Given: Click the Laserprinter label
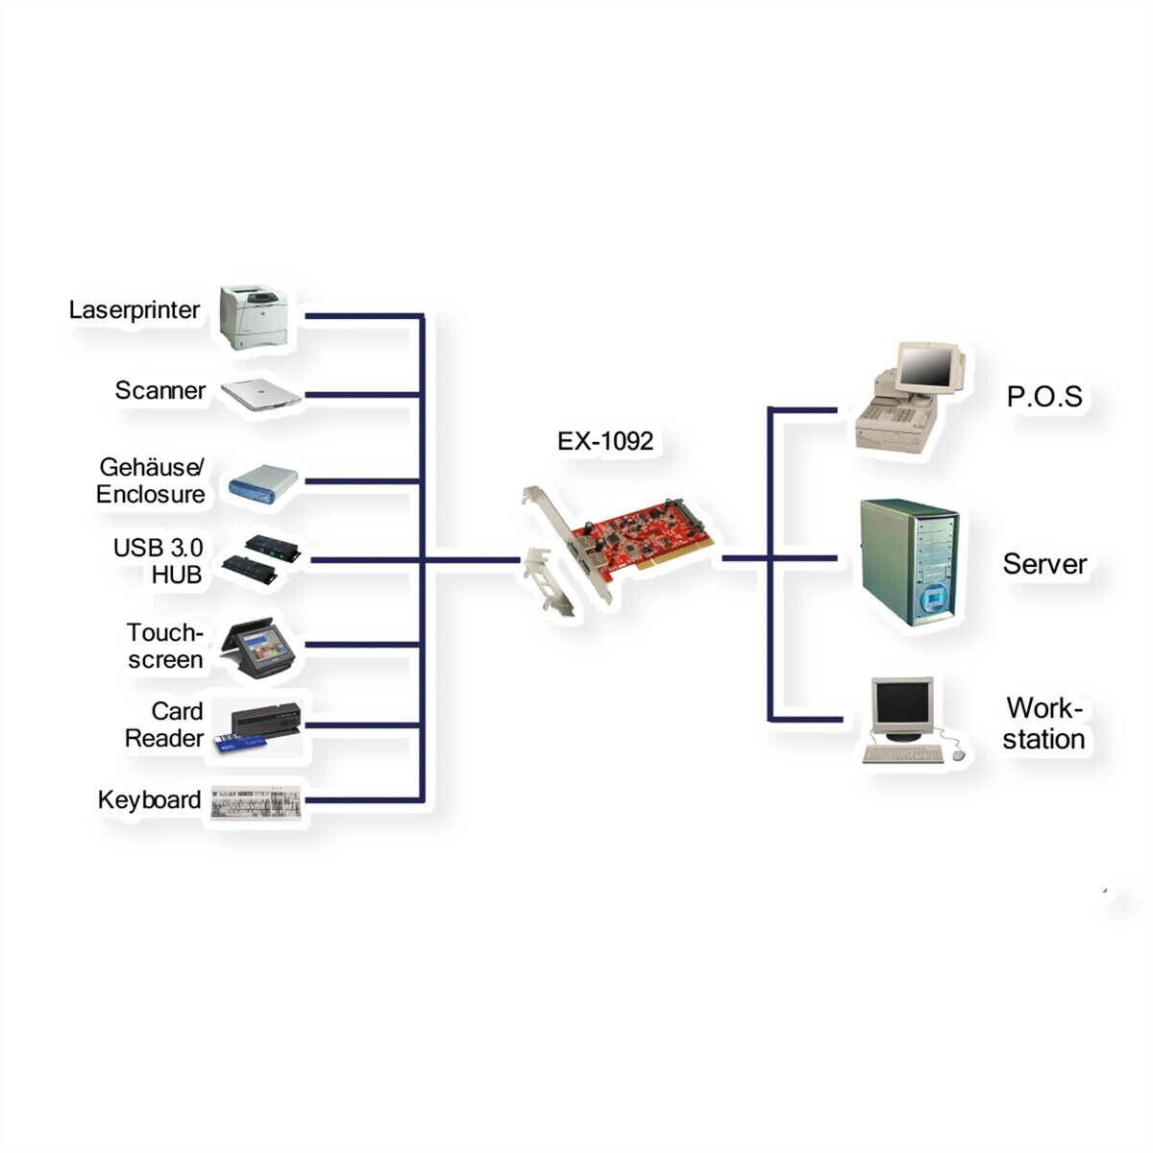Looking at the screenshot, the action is (x=134, y=310).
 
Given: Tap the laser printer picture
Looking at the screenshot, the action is (x=254, y=317).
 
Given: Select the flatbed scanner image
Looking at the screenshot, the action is (x=261, y=394).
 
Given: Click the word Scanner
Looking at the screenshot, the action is (x=159, y=391).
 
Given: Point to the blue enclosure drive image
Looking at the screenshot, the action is (x=263, y=484).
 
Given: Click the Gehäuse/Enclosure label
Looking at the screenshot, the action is (x=151, y=480).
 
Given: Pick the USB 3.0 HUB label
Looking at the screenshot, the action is (x=158, y=560).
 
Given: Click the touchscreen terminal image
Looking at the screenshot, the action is (x=258, y=649).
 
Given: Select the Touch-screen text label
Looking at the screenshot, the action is (x=165, y=646).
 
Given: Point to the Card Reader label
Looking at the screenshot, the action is (x=164, y=724).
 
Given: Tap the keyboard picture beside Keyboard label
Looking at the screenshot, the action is (x=257, y=801).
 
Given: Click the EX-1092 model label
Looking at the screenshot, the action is (x=605, y=441).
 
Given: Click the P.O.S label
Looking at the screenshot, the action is (x=1044, y=396).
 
